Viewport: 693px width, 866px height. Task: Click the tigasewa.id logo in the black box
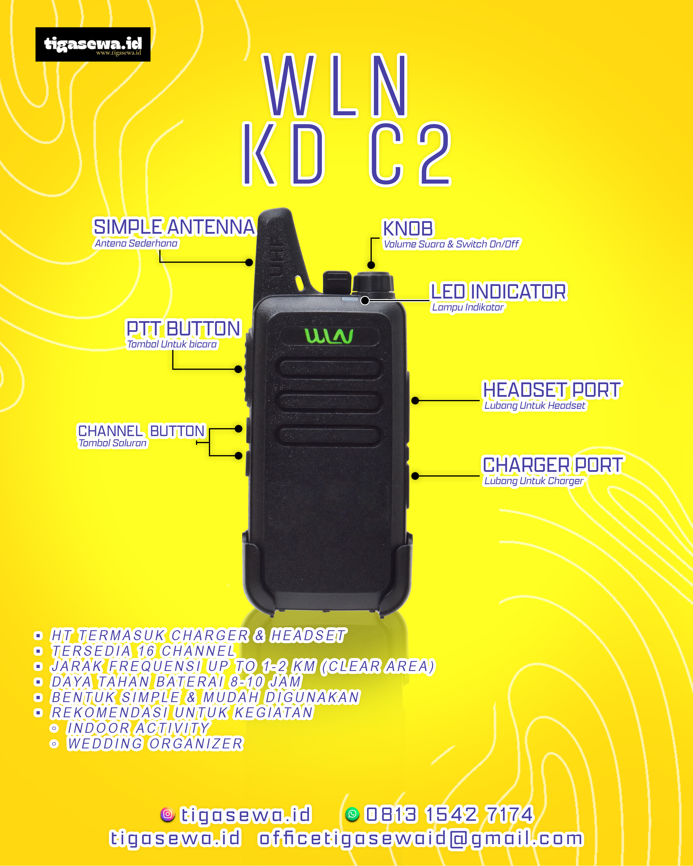click(93, 44)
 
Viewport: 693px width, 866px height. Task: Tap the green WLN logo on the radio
click(329, 336)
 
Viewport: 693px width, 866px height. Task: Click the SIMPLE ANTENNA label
click(174, 227)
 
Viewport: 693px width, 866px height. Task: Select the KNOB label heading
click(408, 228)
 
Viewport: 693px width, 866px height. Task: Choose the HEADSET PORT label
click(552, 390)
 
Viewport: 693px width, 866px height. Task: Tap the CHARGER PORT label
click(552, 465)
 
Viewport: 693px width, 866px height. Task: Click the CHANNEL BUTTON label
click(141, 431)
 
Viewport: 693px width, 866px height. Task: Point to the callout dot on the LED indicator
click(365, 301)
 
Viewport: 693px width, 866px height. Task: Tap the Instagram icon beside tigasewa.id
click(168, 814)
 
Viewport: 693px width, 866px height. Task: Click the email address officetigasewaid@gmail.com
click(421, 839)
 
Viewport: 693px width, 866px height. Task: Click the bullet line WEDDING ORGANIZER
click(155, 744)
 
